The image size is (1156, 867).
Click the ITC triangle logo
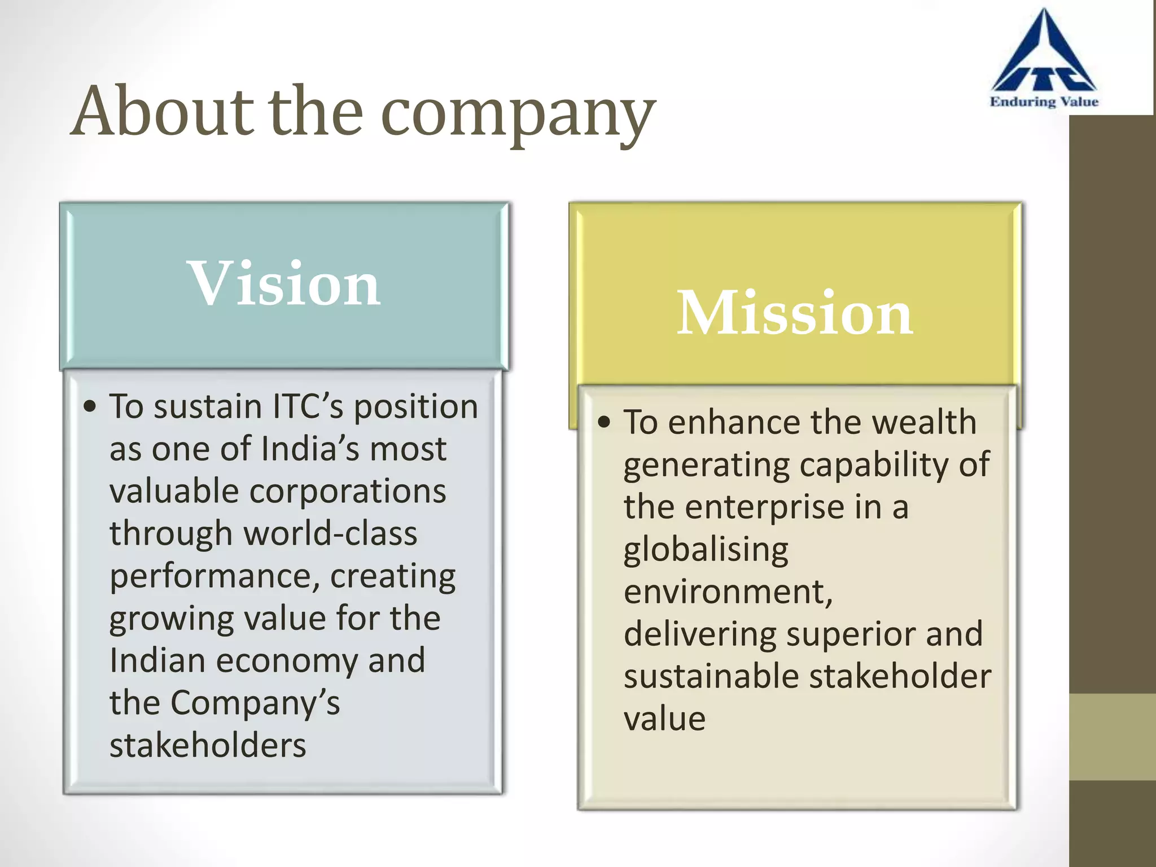[x=1044, y=56]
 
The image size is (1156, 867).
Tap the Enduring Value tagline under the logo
[x=1044, y=102]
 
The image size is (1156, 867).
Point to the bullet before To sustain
[x=90, y=407]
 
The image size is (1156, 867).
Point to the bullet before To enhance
[x=604, y=422]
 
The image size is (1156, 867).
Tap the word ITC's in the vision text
[x=308, y=406]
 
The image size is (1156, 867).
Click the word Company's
[x=255, y=703]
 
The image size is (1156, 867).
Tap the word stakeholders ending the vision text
[x=208, y=746]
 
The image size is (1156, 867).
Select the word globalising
[x=706, y=550]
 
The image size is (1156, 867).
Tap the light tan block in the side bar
[x=1112, y=737]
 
